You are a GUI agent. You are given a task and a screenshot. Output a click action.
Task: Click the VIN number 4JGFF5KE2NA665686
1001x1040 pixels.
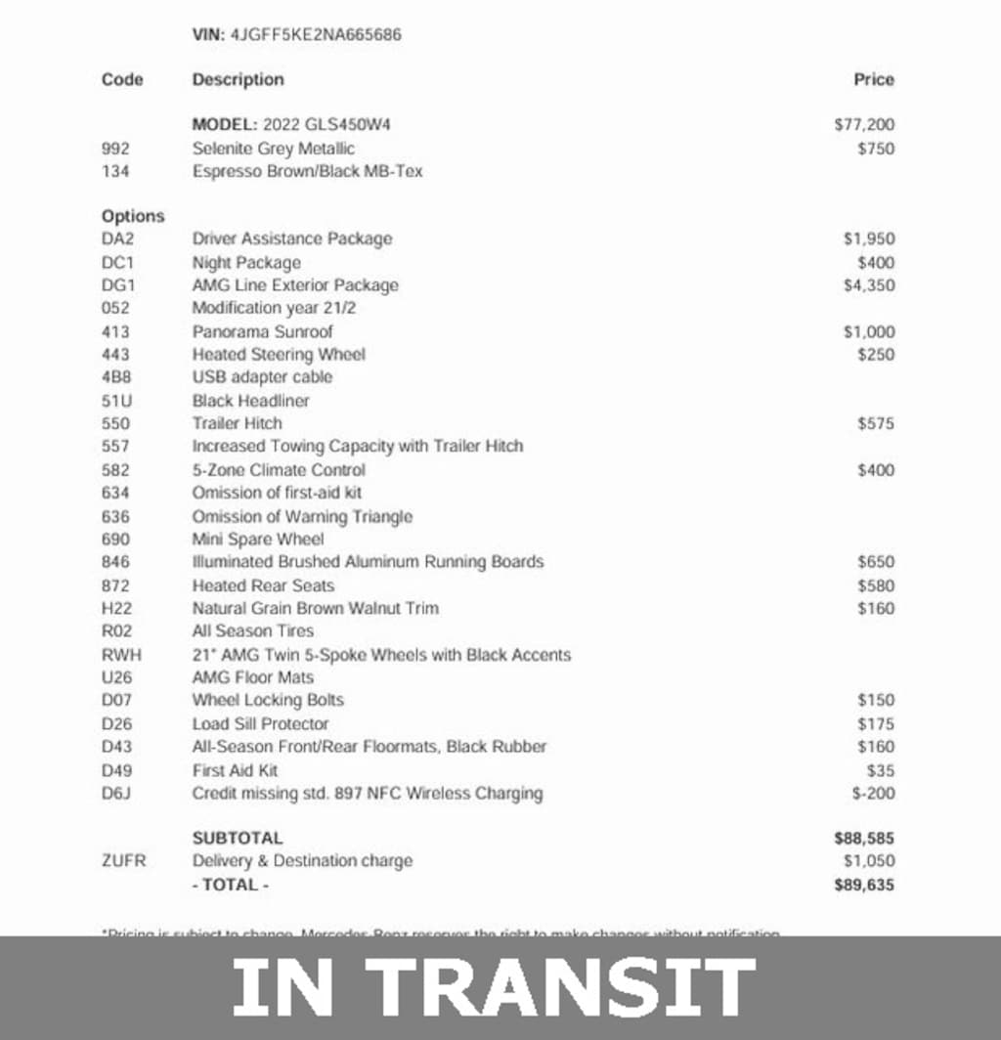[x=316, y=35]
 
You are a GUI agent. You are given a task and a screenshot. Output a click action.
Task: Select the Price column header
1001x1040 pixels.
[x=873, y=80]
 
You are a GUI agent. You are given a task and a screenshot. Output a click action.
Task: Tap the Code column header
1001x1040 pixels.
[x=122, y=80]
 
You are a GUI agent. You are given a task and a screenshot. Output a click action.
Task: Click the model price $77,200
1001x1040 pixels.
[x=864, y=125]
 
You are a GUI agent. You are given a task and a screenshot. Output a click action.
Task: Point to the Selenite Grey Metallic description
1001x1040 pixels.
[x=274, y=149]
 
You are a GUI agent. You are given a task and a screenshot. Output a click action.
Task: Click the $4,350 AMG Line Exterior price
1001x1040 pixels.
[x=868, y=285]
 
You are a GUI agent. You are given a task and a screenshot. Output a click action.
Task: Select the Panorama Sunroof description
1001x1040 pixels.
[x=262, y=331]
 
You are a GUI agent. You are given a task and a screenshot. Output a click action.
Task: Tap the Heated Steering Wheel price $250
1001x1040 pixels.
[x=875, y=355]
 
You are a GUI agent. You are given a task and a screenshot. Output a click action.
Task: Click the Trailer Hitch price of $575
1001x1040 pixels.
[x=875, y=424]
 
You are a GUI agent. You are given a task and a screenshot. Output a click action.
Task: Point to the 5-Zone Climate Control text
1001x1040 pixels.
[x=279, y=470]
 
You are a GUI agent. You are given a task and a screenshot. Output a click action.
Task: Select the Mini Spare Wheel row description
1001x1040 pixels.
[x=258, y=540]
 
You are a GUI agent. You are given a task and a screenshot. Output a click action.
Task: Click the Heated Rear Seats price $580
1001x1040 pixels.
[x=875, y=585]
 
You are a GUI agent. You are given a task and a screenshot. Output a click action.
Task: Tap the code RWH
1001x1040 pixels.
[x=119, y=655]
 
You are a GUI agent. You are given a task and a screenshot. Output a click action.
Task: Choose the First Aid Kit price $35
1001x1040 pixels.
[x=880, y=770]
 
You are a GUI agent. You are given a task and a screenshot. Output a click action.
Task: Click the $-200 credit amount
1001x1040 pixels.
[x=873, y=793]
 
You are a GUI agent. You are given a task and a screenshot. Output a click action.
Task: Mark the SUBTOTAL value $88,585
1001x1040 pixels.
[x=864, y=839]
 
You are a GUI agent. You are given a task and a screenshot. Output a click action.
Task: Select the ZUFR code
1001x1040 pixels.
[x=123, y=861]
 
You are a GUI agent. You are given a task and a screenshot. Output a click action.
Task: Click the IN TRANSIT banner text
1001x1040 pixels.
[x=494, y=987]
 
